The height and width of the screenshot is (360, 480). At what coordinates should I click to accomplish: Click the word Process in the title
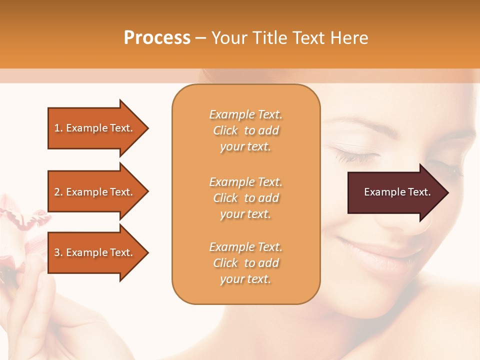[157, 38]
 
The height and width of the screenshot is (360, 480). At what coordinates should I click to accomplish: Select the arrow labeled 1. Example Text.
[95, 128]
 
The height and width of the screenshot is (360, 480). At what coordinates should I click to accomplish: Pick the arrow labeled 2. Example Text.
[95, 192]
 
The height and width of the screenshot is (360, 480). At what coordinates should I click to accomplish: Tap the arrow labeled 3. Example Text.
[95, 252]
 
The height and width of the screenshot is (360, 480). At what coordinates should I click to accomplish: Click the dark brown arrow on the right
[395, 192]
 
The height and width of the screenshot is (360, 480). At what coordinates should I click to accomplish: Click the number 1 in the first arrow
[57, 128]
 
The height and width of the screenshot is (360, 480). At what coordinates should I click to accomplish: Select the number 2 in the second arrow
[57, 192]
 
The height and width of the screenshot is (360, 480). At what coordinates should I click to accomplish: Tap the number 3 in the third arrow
[57, 252]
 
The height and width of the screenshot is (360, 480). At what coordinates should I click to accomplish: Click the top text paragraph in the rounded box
[245, 130]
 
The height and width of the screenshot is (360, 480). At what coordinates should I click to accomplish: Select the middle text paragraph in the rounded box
[245, 198]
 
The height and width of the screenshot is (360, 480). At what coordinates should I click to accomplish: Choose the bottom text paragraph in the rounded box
[245, 263]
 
